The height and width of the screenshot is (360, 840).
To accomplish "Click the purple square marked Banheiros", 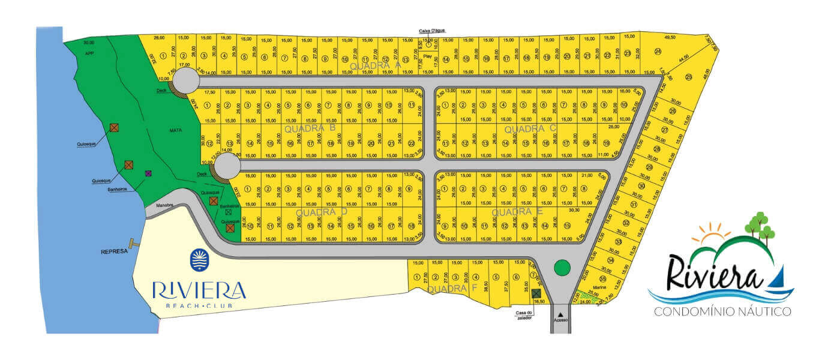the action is [148, 173].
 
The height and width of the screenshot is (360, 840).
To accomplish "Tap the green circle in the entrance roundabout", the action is [561, 267].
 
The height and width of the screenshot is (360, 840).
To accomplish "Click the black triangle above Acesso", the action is [560, 313].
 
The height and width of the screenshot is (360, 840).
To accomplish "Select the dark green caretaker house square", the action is [536, 293].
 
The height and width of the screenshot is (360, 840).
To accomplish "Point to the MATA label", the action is [176, 130].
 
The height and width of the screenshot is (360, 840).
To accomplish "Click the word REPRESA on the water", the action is [115, 251].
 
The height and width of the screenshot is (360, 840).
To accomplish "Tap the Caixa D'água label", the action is [432, 31].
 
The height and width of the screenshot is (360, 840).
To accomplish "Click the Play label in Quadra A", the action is [428, 56].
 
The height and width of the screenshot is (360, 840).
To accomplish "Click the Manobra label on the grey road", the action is [165, 205].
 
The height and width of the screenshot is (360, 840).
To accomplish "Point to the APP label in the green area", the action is [89, 53].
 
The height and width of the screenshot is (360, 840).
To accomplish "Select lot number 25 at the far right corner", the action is [689, 76].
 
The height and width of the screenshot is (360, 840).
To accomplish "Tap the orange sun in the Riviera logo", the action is [715, 233].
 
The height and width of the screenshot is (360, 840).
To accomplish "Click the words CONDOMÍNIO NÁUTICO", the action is [722, 311].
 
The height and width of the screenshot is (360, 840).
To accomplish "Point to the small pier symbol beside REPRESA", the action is [134, 244].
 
